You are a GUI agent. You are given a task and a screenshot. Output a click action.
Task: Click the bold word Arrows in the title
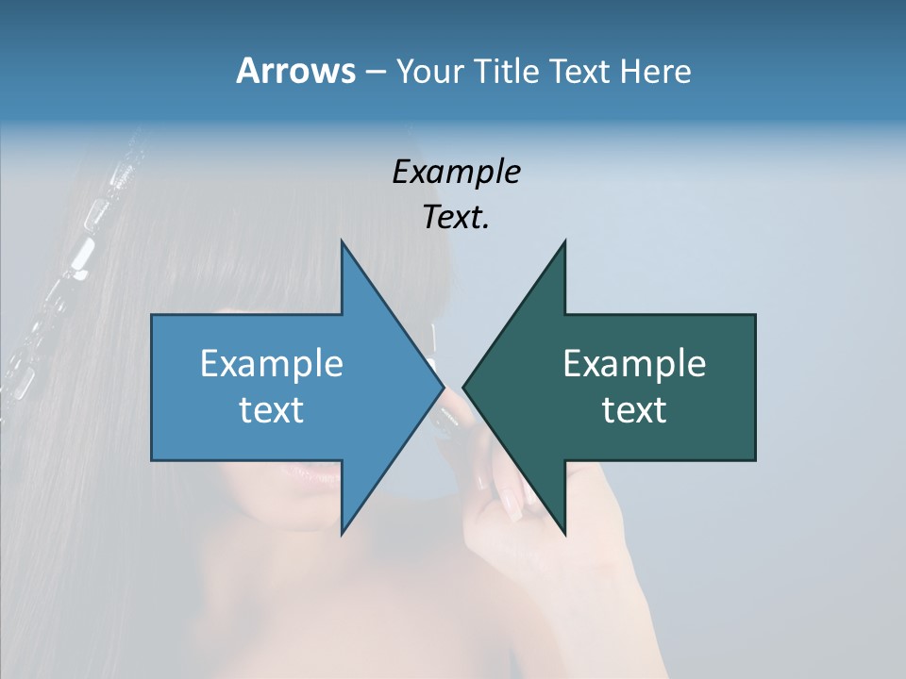click(x=295, y=71)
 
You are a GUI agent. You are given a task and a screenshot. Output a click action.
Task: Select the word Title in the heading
click(x=513, y=71)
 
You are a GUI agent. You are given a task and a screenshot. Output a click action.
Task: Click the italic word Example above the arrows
click(x=456, y=172)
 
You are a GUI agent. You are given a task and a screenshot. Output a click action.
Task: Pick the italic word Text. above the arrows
click(x=456, y=217)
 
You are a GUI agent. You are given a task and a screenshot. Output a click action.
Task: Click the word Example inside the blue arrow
click(x=272, y=364)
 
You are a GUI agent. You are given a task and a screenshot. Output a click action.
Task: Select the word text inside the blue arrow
click(x=272, y=409)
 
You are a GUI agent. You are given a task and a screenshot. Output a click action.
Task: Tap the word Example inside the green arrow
click(x=634, y=364)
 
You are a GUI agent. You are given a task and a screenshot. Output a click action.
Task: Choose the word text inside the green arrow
click(x=634, y=409)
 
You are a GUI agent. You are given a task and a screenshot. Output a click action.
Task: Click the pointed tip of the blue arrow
click(x=443, y=388)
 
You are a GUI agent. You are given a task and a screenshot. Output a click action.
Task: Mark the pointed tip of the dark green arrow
click(x=464, y=388)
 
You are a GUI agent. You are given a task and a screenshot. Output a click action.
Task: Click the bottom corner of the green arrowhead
click(x=564, y=534)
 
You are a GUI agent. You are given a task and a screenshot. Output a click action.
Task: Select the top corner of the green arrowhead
click(x=564, y=242)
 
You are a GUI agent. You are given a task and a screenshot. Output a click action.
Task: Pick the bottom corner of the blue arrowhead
click(x=342, y=534)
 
